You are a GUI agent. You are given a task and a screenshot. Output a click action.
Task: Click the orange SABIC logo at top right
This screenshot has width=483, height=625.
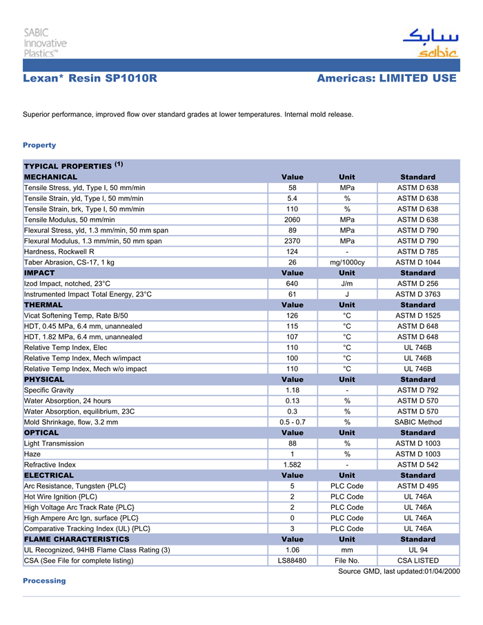point(429,43)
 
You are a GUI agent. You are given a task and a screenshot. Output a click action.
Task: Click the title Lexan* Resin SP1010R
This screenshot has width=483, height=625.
point(90,79)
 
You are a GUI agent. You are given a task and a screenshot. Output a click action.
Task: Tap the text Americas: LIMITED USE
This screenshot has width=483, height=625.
point(386,79)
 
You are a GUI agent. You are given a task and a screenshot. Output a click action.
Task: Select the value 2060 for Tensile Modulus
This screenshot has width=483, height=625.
point(292,220)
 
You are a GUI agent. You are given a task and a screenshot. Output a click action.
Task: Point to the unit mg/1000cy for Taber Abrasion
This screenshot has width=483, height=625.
point(347,262)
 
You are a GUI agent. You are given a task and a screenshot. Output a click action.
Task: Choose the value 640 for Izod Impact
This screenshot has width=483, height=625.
point(292,283)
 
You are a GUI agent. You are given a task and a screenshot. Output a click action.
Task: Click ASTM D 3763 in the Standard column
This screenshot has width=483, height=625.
point(417,294)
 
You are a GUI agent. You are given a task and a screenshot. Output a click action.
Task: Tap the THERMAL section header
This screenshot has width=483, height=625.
point(43,305)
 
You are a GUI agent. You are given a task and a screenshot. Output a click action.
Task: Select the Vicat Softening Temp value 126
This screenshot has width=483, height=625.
point(292,316)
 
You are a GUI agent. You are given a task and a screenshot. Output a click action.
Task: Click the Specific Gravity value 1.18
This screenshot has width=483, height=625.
point(292,390)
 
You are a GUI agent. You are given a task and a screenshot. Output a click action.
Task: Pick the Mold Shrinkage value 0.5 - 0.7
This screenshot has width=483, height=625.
point(292,422)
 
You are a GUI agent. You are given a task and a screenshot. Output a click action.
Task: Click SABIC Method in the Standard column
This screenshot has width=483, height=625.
point(417,422)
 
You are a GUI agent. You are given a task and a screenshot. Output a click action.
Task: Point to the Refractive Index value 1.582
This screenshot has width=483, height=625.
point(292,465)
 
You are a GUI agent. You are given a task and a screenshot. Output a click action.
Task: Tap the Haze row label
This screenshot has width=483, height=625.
point(32,454)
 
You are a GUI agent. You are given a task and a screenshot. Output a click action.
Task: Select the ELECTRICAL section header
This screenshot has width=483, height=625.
point(49,475)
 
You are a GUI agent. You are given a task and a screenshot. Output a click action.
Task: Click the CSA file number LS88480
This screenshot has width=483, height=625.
point(292,560)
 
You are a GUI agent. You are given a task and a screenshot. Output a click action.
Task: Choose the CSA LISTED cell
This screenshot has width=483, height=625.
point(417,560)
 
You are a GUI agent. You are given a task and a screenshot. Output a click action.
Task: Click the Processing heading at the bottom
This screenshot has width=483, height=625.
point(44,581)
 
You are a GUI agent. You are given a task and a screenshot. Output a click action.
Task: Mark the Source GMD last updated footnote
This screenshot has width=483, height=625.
point(398,571)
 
